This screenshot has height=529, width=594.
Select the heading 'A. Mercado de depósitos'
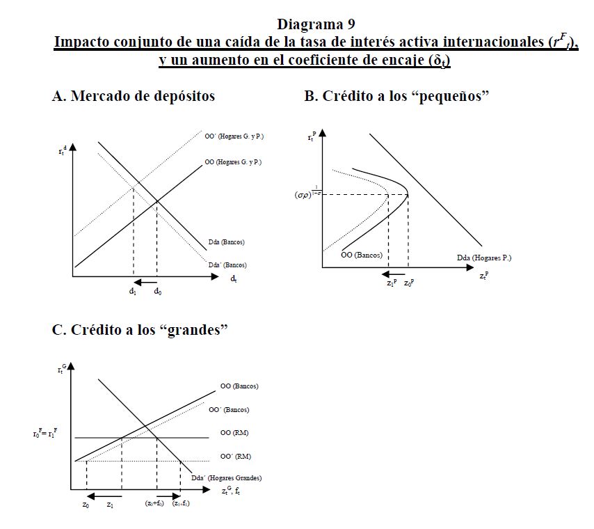134,97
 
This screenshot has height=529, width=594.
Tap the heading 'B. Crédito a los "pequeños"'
397,97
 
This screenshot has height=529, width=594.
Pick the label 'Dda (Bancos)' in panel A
226,242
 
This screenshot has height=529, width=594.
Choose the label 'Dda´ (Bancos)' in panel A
227,265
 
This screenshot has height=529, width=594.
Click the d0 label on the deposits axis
158,291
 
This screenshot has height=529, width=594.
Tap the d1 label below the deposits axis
132,291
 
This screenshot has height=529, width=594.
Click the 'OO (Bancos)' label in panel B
362,255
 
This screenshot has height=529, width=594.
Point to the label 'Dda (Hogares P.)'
484,258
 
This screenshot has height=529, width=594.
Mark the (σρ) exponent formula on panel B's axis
306,195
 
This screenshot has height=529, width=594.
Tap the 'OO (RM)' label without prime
234,433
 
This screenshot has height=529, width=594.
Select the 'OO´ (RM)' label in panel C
235,457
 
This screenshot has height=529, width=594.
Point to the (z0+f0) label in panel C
154,503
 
